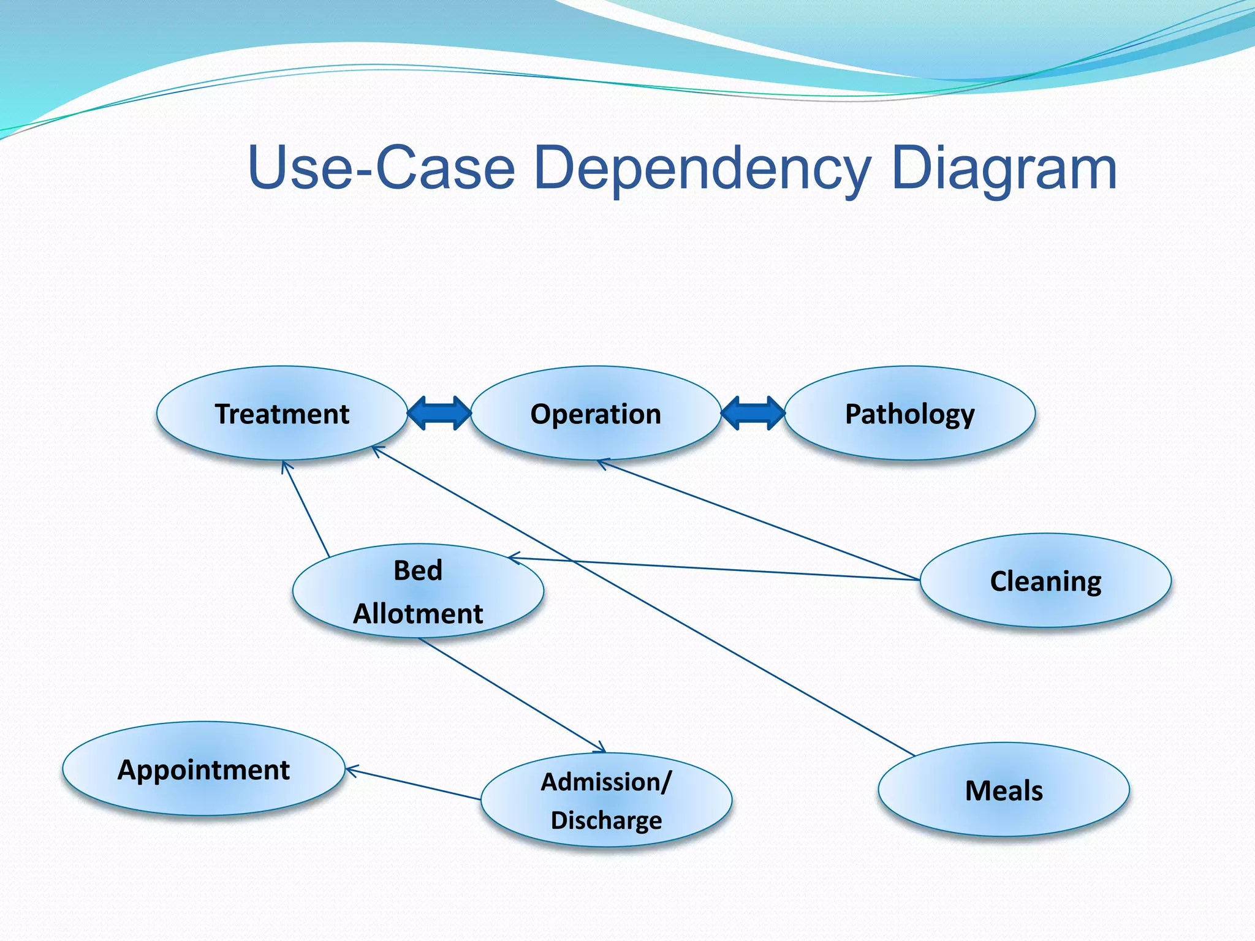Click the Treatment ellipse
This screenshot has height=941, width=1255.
click(x=282, y=414)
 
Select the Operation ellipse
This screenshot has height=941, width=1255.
click(x=596, y=414)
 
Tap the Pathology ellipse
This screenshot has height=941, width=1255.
click(x=909, y=414)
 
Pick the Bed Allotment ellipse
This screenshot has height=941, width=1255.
click(x=418, y=591)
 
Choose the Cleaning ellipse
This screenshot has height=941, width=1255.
click(x=1045, y=581)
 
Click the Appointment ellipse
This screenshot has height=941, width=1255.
click(x=203, y=769)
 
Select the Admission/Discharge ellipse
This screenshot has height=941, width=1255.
click(x=606, y=800)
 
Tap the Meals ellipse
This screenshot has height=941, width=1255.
click(x=1004, y=790)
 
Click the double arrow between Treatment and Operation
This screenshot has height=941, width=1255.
click(x=439, y=413)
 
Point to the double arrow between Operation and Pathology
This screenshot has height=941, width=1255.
click(x=753, y=413)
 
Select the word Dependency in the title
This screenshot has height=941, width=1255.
click(x=702, y=168)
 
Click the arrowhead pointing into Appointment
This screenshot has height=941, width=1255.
click(x=351, y=770)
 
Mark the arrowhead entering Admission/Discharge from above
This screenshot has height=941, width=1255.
click(x=601, y=748)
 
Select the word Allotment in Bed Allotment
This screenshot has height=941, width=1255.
click(x=418, y=613)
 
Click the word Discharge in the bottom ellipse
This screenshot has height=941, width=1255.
click(x=606, y=820)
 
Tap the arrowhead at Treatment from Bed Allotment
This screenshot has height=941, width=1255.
click(x=285, y=466)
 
